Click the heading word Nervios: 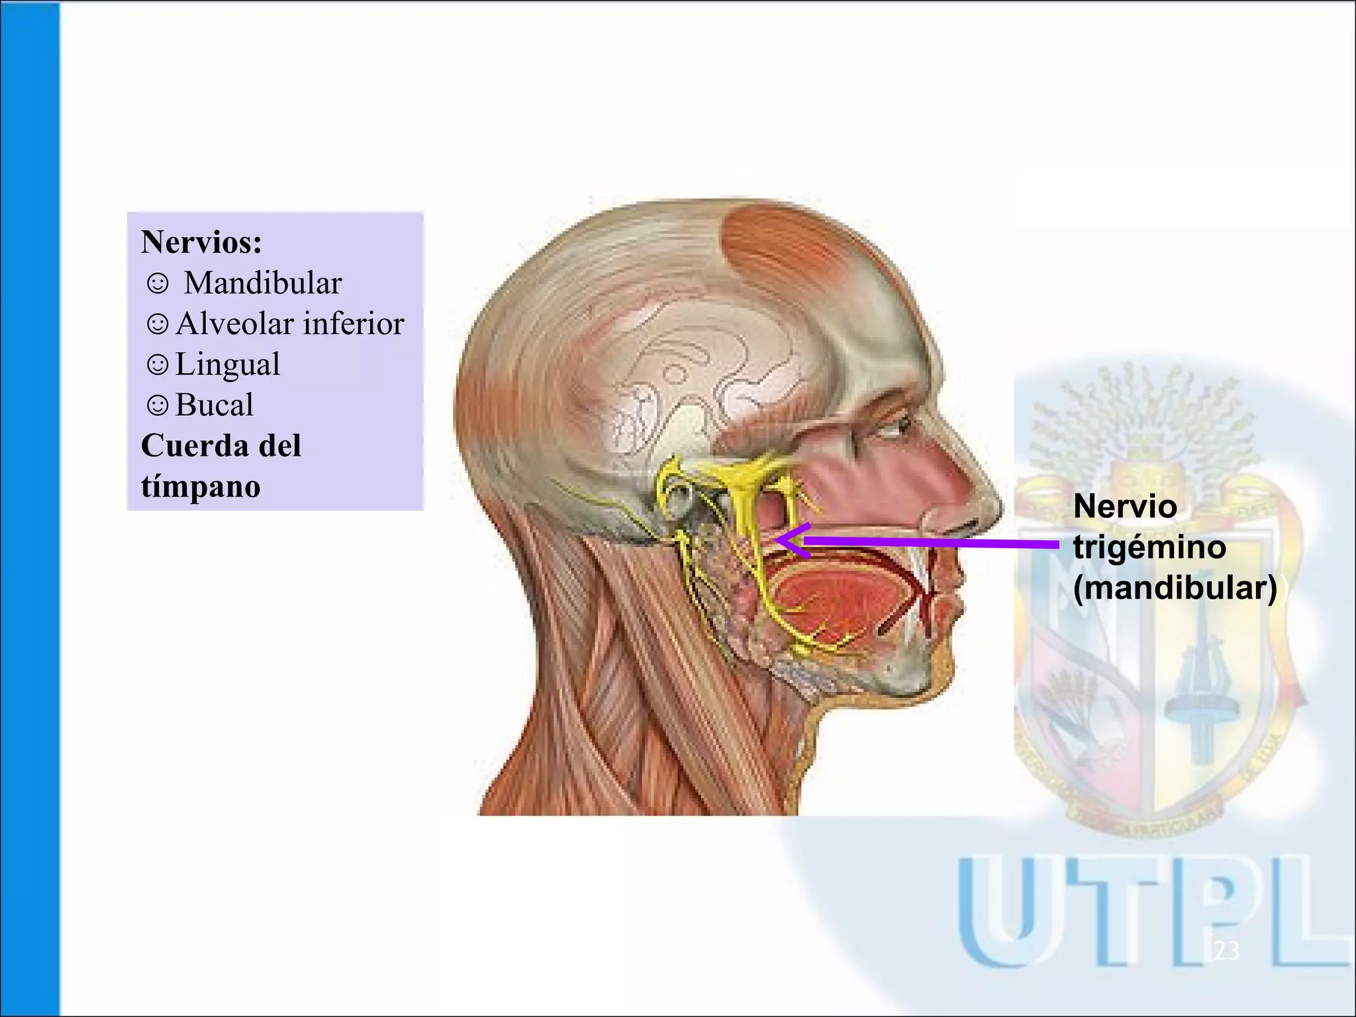pyautogui.click(x=201, y=242)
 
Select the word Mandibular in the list pyautogui.click(x=263, y=283)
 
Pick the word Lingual pyautogui.click(x=228, y=365)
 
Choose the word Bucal pyautogui.click(x=215, y=405)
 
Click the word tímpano pyautogui.click(x=201, y=487)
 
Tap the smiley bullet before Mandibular pyautogui.click(x=158, y=284)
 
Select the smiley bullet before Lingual pyautogui.click(x=158, y=365)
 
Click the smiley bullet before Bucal pyautogui.click(x=158, y=405)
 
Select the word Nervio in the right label pyautogui.click(x=1125, y=507)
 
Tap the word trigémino pyautogui.click(x=1149, y=548)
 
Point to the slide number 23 pyautogui.click(x=1226, y=951)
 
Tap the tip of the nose pyautogui.click(x=993, y=507)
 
